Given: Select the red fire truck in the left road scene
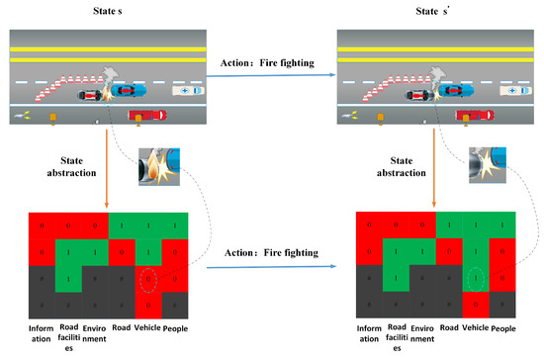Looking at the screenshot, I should pos(152,117).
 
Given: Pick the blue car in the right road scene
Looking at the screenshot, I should pos(452,90).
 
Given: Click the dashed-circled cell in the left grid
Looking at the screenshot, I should pos(146,282).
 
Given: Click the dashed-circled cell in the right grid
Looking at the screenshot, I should pos(475,282).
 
